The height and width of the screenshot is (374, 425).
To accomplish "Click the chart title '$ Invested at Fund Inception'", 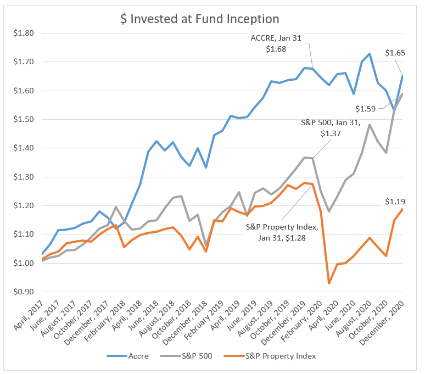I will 200,19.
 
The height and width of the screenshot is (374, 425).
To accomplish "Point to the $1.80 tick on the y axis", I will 23,33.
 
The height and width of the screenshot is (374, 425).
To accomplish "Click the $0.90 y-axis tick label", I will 23,292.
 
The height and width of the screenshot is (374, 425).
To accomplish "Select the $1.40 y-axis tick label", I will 23,148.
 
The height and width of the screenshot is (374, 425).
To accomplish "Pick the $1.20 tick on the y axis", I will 23,206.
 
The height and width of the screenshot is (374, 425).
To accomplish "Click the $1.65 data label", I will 395,53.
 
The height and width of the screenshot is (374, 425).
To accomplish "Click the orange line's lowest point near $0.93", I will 329,283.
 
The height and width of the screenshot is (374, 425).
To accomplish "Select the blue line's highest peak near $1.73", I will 369,54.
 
